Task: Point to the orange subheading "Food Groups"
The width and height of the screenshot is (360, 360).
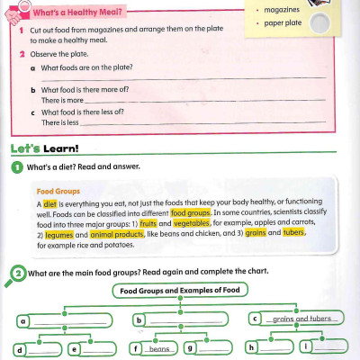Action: click(x=58, y=191)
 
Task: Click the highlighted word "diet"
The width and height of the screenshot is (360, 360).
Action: click(x=49, y=204)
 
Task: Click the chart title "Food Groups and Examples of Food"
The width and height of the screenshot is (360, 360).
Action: click(x=180, y=291)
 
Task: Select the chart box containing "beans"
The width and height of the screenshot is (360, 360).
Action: click(x=158, y=348)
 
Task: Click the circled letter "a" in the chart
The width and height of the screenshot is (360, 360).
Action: click(x=21, y=319)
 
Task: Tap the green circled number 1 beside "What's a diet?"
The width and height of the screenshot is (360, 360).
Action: click(x=17, y=167)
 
